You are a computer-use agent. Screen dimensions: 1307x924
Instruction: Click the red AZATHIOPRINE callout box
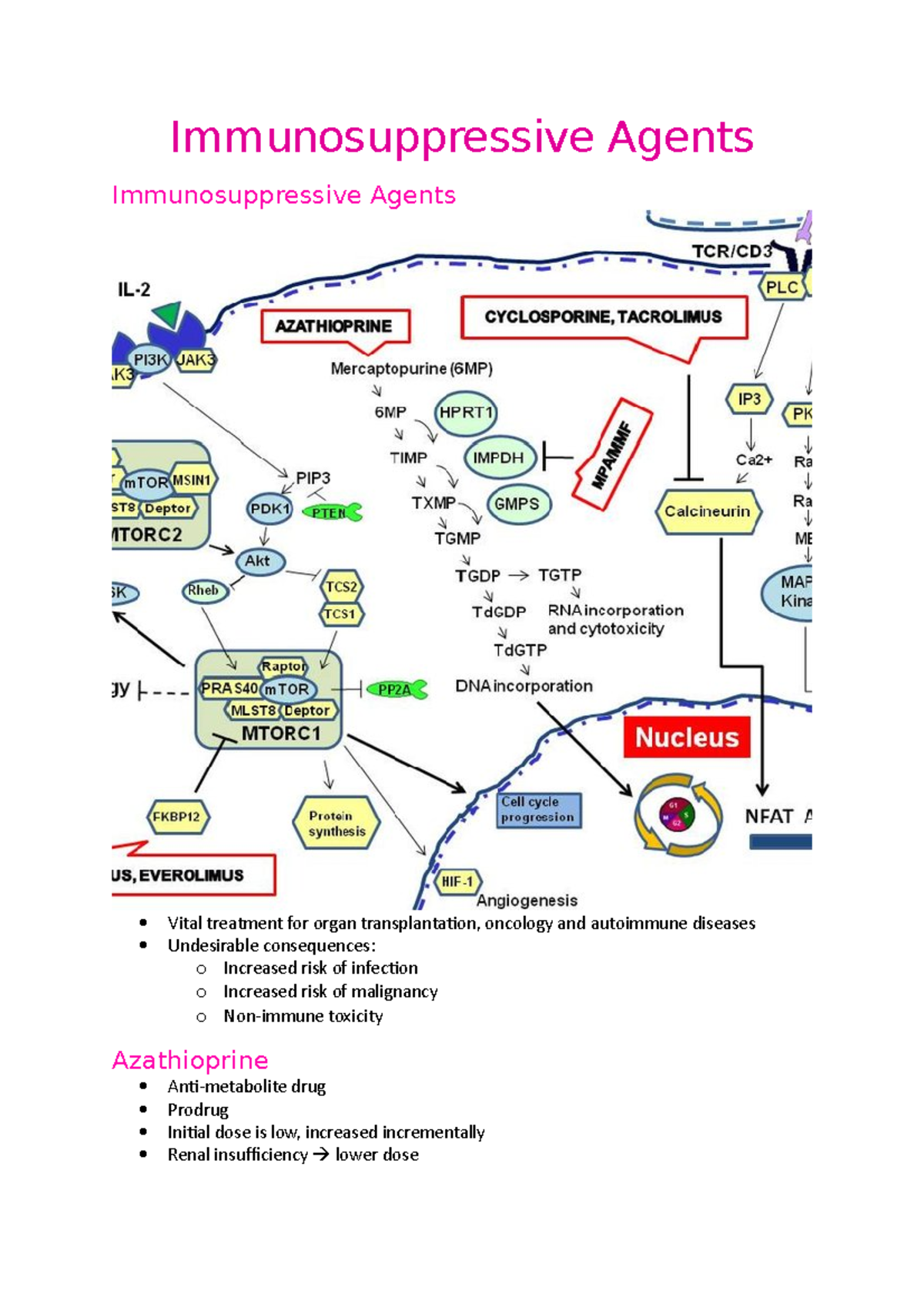pyautogui.click(x=334, y=326)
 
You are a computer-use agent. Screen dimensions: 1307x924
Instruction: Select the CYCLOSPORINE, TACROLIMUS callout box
pyautogui.click(x=604, y=317)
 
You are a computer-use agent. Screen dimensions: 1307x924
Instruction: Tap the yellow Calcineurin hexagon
pyautogui.click(x=708, y=512)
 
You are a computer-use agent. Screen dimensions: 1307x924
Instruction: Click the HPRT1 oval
pyautogui.click(x=465, y=413)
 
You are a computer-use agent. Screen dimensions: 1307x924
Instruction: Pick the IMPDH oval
pyautogui.click(x=498, y=458)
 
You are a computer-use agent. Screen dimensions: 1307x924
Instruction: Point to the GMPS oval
pyautogui.click(x=517, y=504)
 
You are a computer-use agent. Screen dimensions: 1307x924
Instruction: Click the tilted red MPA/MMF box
pyautogui.click(x=613, y=455)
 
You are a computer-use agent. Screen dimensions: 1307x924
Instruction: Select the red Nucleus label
pyautogui.click(x=687, y=737)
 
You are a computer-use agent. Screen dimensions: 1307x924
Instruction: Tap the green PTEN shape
pyautogui.click(x=332, y=513)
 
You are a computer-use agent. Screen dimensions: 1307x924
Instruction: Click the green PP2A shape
pyautogui.click(x=397, y=690)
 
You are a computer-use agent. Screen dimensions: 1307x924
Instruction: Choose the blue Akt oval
pyautogui.click(x=259, y=561)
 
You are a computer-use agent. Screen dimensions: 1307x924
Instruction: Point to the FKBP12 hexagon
pyautogui.click(x=177, y=817)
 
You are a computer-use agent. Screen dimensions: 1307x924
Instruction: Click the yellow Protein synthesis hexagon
pyautogui.click(x=336, y=824)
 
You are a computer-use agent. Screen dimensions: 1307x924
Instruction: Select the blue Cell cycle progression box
pyautogui.click(x=538, y=811)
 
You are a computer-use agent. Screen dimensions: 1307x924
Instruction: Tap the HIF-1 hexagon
pyautogui.click(x=457, y=882)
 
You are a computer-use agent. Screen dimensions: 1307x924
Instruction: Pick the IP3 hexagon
pyautogui.click(x=748, y=399)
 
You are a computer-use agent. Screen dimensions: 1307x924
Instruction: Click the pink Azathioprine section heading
pyautogui.click(x=190, y=1061)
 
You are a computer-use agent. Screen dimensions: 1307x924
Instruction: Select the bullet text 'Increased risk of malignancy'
pyautogui.click(x=330, y=992)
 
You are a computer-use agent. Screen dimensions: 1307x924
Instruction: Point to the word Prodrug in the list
pyautogui.click(x=198, y=1110)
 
